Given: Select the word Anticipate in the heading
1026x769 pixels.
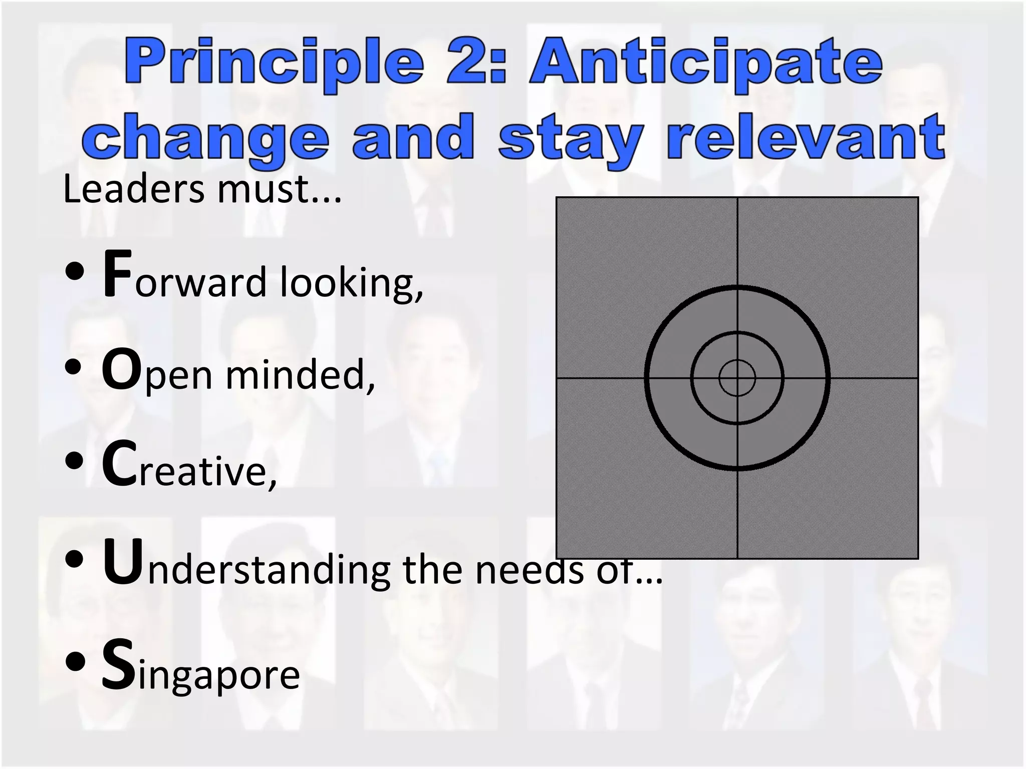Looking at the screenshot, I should (x=706, y=64).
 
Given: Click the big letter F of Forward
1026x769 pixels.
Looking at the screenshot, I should (x=117, y=274).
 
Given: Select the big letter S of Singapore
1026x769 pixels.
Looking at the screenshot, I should (x=118, y=665).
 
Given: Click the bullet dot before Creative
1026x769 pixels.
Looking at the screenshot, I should (x=74, y=461).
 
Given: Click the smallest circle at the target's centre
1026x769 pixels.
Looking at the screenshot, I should (x=737, y=378).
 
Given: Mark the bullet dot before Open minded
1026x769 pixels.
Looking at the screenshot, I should (x=74, y=366).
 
